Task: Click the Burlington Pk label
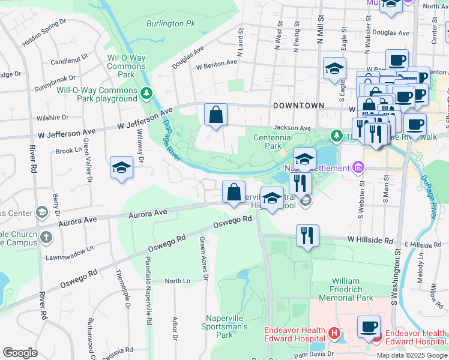(x=171, y=24)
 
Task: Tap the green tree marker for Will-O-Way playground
(x=146, y=94)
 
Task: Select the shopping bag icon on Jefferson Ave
(x=215, y=115)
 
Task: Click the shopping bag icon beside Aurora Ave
(x=234, y=193)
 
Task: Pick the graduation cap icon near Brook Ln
(x=121, y=168)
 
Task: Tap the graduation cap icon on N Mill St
(x=334, y=69)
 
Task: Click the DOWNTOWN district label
(x=298, y=106)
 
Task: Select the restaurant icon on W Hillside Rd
(x=307, y=235)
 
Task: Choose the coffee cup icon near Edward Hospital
(x=369, y=327)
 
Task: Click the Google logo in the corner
(x=20, y=352)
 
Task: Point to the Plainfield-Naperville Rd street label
(x=148, y=288)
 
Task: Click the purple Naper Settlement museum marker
(x=358, y=166)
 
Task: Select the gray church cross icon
(x=46, y=236)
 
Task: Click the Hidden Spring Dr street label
(x=44, y=34)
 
